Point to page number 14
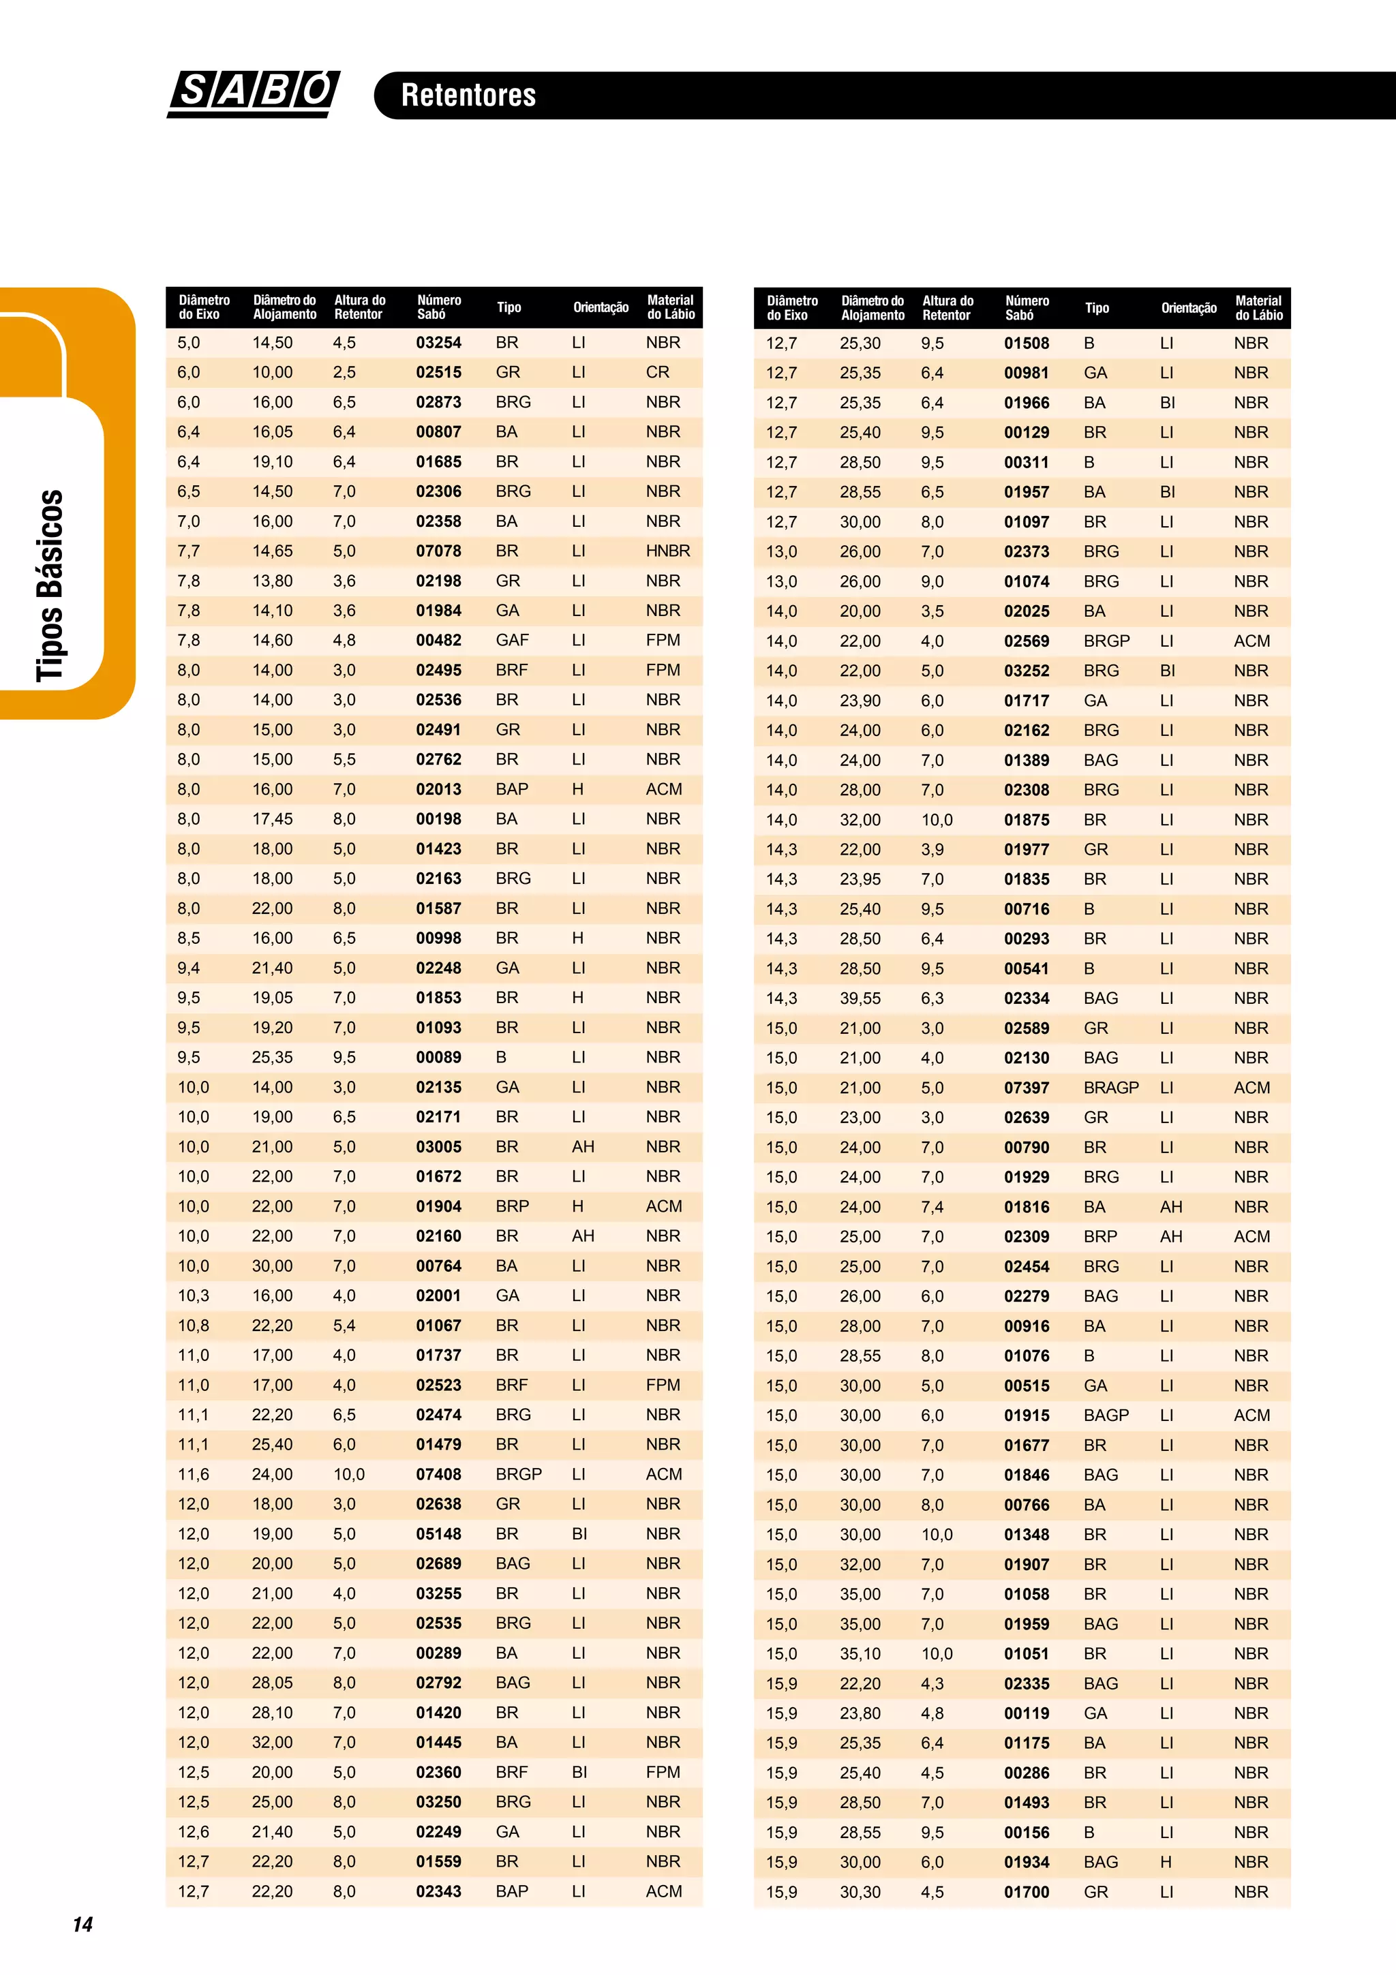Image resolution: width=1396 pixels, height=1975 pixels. pyautogui.click(x=82, y=1925)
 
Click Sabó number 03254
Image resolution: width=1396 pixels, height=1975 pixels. pyautogui.click(x=439, y=342)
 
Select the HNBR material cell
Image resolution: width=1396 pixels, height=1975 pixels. pyautogui.click(x=667, y=551)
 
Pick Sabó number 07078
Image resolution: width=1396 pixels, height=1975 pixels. pyautogui.click(x=439, y=551)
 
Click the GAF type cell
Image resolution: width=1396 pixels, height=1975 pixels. pyautogui.click(x=512, y=640)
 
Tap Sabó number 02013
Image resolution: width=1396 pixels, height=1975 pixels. pyautogui.click(x=439, y=789)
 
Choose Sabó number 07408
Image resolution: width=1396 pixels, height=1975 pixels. pyautogui.click(x=439, y=1474)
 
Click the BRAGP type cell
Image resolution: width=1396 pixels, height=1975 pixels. pyautogui.click(x=1110, y=1087)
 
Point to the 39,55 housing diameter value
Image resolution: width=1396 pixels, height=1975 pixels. pyautogui.click(x=860, y=998)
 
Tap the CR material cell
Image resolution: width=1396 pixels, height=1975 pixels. pyautogui.click(x=657, y=373)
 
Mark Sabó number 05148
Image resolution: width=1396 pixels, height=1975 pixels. pyautogui.click(x=439, y=1533)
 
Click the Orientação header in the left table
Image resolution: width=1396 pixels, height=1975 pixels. pyautogui.click(x=601, y=307)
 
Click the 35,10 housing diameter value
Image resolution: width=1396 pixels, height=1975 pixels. pyautogui.click(x=860, y=1653)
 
